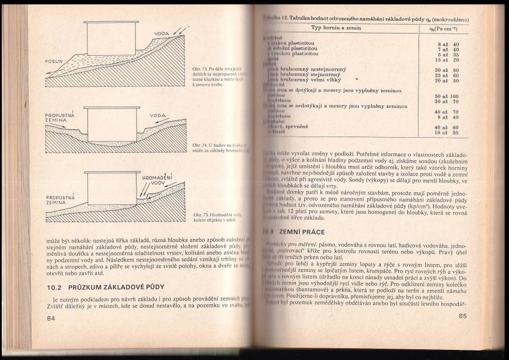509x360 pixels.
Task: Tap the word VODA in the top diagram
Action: click(x=161, y=34)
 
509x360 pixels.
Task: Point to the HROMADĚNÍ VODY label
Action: click(x=157, y=180)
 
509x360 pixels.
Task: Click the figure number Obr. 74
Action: click(x=200, y=145)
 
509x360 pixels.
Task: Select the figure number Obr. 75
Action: click(x=200, y=214)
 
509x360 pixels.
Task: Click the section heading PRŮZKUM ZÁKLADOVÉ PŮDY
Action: click(x=105, y=288)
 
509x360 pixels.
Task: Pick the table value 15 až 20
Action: click(x=447, y=60)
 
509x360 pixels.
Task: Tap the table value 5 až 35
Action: click(x=447, y=55)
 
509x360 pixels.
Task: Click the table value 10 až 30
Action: click(x=447, y=132)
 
